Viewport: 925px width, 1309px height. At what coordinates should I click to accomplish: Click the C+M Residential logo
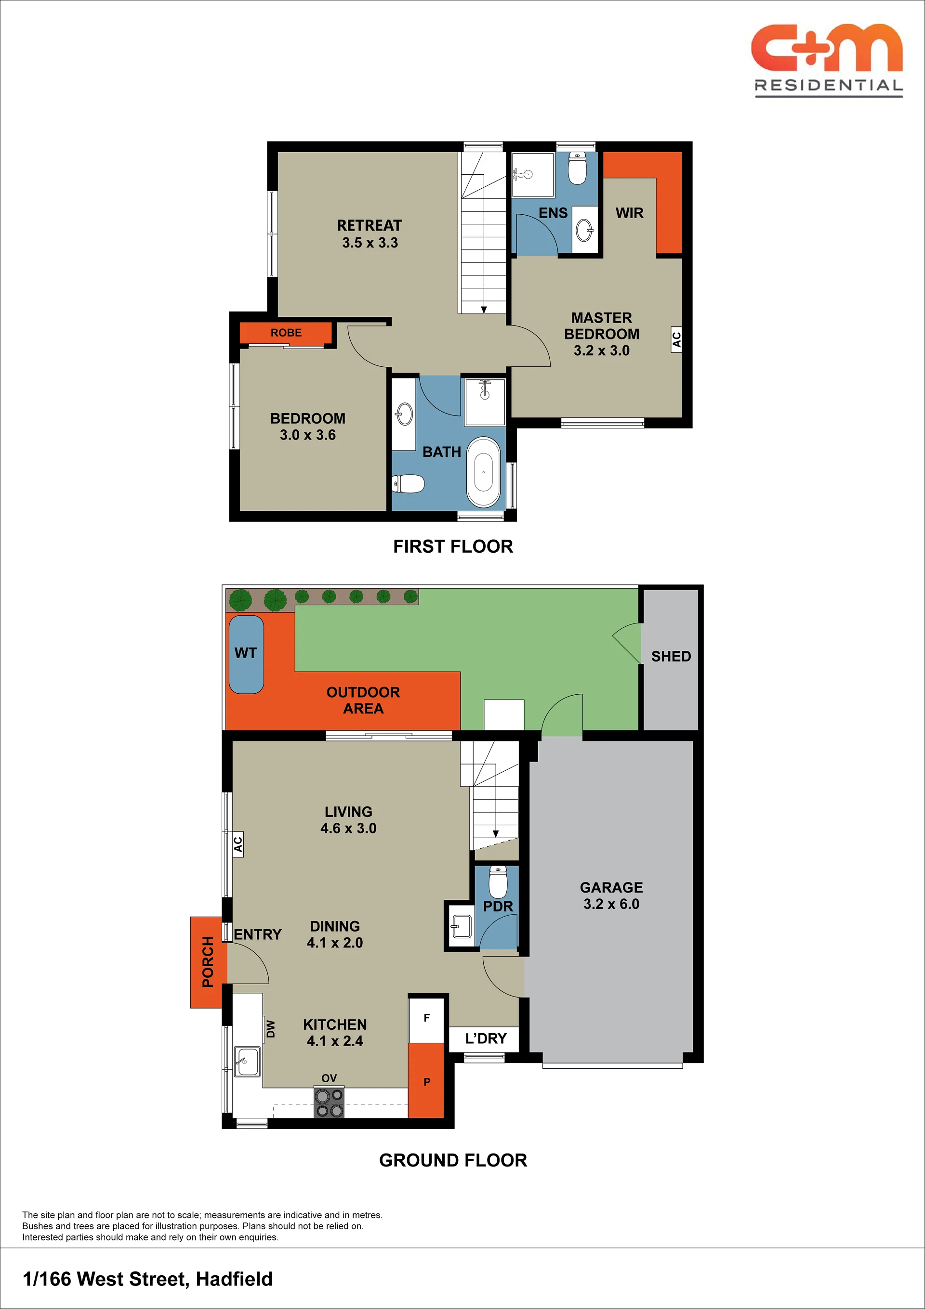tap(827, 61)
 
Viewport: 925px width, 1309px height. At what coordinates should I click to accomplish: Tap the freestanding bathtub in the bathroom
tap(483, 472)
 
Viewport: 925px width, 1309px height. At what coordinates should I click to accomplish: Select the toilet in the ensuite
tap(578, 168)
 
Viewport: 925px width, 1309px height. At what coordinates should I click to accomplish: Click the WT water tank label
tap(245, 653)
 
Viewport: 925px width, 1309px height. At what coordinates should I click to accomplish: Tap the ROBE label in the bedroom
tap(286, 332)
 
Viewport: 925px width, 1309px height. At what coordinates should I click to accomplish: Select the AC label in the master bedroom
tap(676, 339)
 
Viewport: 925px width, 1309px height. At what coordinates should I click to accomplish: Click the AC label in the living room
tap(238, 843)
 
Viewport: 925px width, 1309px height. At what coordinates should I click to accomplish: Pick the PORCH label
tap(208, 962)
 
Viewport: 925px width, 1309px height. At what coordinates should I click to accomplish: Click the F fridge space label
tap(426, 1017)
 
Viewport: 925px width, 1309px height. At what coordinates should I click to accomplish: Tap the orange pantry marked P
tap(426, 1080)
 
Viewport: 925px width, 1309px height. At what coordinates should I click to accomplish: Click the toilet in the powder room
tap(498, 881)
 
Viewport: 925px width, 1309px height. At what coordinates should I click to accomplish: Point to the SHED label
tap(671, 656)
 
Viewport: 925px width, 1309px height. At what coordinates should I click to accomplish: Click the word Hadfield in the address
tap(234, 1279)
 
